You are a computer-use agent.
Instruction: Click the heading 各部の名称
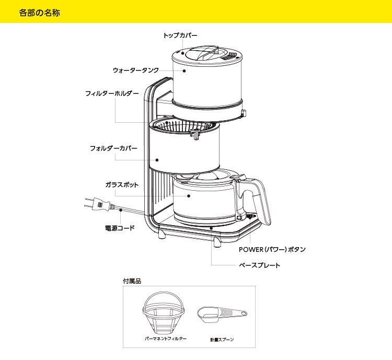tap(39, 12)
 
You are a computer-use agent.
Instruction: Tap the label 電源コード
tap(117, 228)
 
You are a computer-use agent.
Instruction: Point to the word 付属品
tap(132, 281)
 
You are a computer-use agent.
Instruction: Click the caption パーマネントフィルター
tap(165, 339)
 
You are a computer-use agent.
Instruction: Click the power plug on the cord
tap(101, 205)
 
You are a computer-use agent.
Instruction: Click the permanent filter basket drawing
tap(164, 313)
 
